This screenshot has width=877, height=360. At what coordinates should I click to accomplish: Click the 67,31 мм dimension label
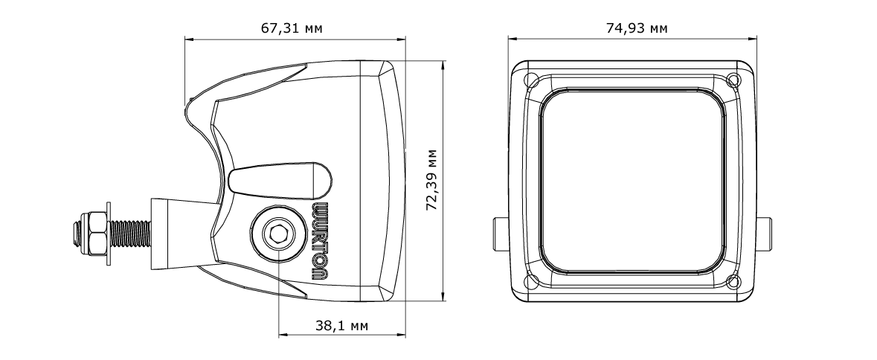[x=292, y=28]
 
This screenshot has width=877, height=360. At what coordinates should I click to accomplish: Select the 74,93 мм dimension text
[x=637, y=28]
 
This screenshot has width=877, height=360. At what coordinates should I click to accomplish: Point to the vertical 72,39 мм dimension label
[x=431, y=179]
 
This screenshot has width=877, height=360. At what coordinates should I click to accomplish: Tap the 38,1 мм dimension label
[x=341, y=325]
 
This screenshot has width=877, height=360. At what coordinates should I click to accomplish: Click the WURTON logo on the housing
[x=321, y=240]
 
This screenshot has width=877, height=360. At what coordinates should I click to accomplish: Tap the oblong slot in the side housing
[x=280, y=181]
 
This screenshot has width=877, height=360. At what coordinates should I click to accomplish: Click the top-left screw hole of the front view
[x=532, y=80]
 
